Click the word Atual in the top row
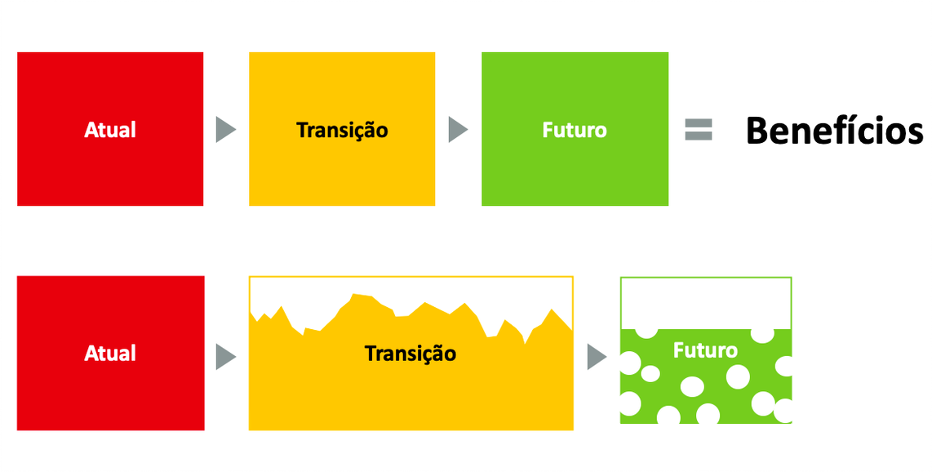pyautogui.click(x=110, y=130)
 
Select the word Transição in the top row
pyautogui.click(x=342, y=130)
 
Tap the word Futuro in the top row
pyautogui.click(x=575, y=130)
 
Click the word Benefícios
pyautogui.click(x=834, y=131)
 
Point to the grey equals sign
pyautogui.click(x=699, y=130)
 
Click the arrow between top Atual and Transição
pyautogui.click(x=225, y=130)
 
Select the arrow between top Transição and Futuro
pyautogui.click(x=458, y=130)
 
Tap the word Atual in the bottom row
pyautogui.click(x=110, y=354)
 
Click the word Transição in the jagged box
pyautogui.click(x=411, y=354)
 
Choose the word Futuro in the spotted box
pyautogui.click(x=705, y=350)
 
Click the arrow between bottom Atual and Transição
pyautogui.click(x=225, y=357)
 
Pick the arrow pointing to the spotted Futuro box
pyautogui.click(x=597, y=357)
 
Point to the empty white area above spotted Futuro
pyautogui.click(x=705, y=302)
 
